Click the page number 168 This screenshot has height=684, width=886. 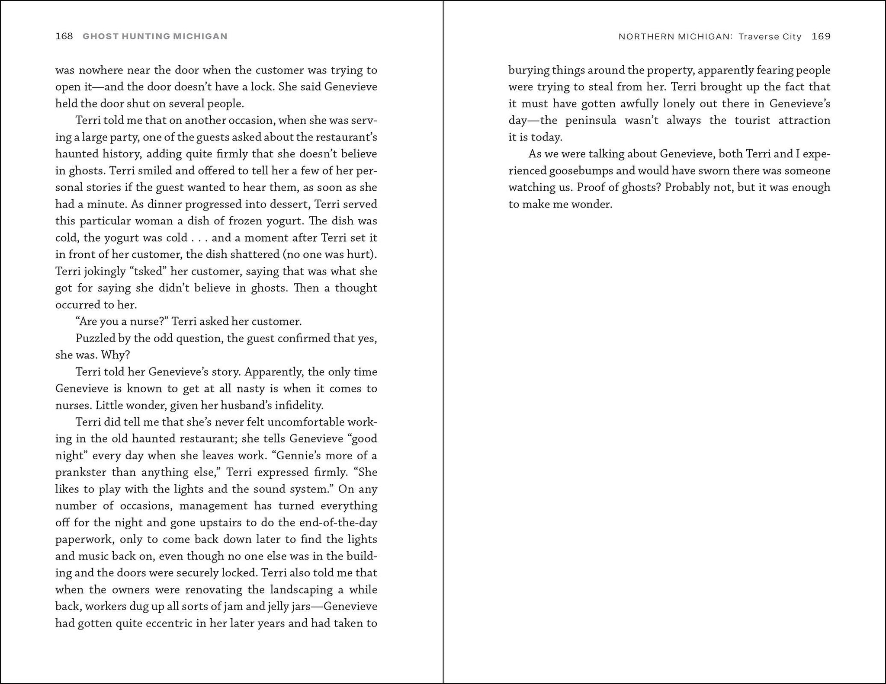64,36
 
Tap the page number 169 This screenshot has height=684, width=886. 821,36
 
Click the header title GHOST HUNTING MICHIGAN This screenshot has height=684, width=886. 155,36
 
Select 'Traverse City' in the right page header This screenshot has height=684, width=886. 770,36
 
